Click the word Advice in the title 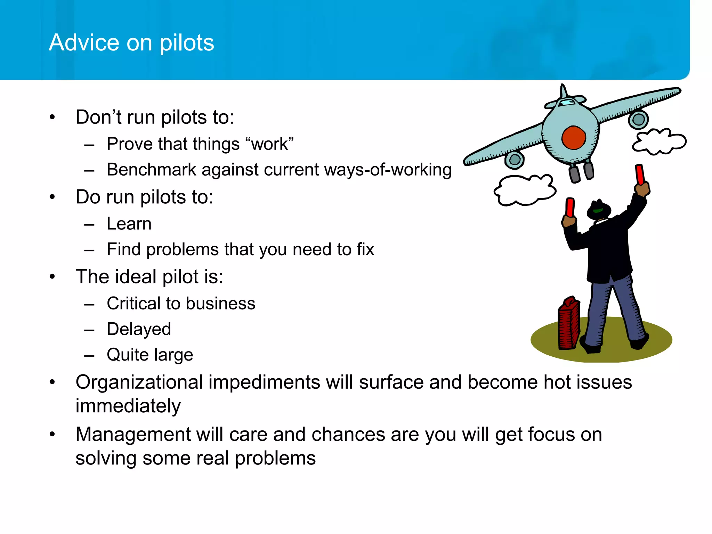coord(84,42)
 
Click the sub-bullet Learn coord(129,224)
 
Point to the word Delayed coord(139,329)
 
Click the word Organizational coord(139,382)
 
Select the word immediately coord(128,406)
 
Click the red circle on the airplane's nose coord(574,138)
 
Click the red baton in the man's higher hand coord(640,175)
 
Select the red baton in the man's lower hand coord(570,207)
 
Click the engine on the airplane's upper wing coord(638,120)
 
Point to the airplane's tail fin coord(563,92)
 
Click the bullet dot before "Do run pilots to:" coord(52,197)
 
